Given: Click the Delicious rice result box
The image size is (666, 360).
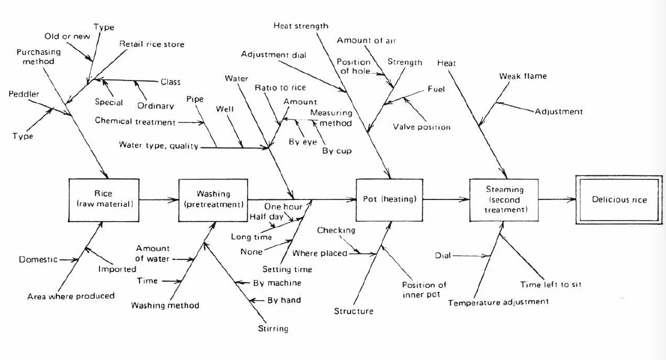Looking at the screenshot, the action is (x=619, y=199).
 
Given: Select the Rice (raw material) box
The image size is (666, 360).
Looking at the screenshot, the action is (x=103, y=200).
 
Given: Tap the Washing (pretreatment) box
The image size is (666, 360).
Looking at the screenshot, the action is (x=213, y=200).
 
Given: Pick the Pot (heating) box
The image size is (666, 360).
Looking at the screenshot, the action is (x=389, y=199).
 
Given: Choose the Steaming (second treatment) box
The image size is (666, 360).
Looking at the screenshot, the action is (x=504, y=199).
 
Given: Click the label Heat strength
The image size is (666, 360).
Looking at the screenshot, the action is (x=301, y=26).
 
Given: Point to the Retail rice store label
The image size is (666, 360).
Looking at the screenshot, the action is (x=151, y=44).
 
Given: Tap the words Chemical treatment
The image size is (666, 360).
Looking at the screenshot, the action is (x=135, y=121).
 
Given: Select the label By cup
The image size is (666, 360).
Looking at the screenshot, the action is (x=337, y=151).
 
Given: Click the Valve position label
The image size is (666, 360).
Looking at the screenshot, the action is (x=421, y=127).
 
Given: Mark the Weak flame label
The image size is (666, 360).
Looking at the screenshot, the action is (x=523, y=77).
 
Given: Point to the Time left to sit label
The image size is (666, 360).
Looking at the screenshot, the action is (x=551, y=285).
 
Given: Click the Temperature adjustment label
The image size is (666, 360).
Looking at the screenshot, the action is (x=498, y=302).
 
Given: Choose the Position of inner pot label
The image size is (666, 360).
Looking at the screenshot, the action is (x=424, y=290).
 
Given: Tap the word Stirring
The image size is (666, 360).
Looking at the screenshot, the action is (x=273, y=329).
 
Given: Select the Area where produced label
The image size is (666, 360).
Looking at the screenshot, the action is (x=71, y=296).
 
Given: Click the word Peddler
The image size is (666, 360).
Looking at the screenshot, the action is (x=24, y=94).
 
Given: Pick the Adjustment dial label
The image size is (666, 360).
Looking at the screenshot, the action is (x=273, y=55).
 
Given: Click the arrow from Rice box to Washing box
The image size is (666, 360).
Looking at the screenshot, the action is (x=159, y=199).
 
